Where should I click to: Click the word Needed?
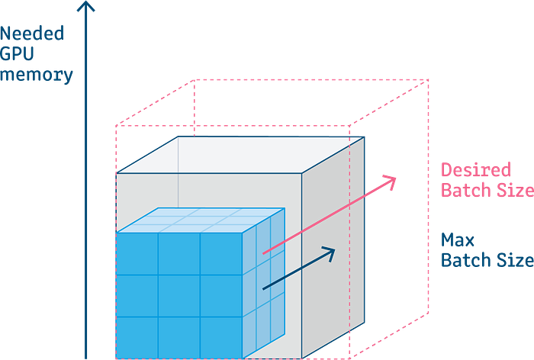coord(34,34)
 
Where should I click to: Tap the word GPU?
coord(14,54)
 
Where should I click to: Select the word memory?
coord(38,75)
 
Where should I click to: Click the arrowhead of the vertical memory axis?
coord(87,8)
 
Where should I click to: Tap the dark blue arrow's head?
coord(329,252)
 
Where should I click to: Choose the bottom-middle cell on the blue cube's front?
coord(179,336)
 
